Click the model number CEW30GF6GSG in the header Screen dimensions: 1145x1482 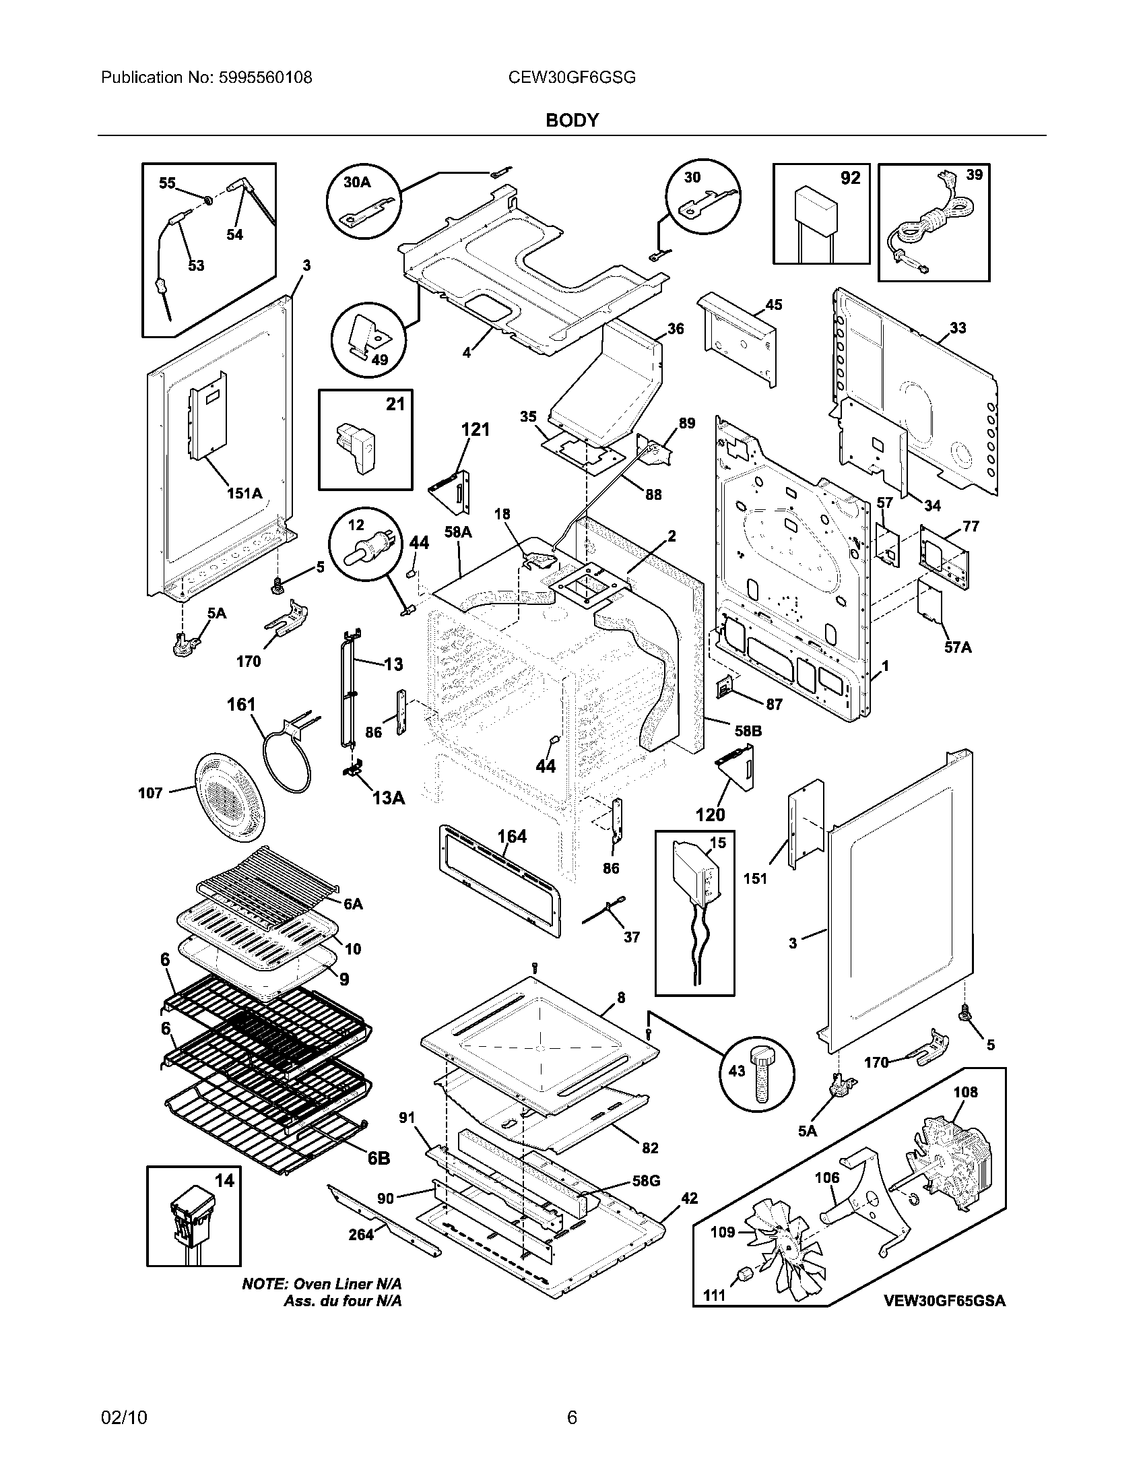(572, 77)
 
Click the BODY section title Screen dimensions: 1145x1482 (572, 121)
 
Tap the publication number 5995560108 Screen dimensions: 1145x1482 (266, 77)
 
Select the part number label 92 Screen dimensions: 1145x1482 (850, 178)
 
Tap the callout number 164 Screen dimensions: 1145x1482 (512, 837)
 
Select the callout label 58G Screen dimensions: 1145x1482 (646, 1181)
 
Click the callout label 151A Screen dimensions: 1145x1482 (244, 493)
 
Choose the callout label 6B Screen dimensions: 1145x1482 (379, 1159)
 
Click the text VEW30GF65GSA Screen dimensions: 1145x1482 (944, 1301)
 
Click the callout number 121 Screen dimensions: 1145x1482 (475, 430)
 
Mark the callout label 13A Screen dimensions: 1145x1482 (388, 799)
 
